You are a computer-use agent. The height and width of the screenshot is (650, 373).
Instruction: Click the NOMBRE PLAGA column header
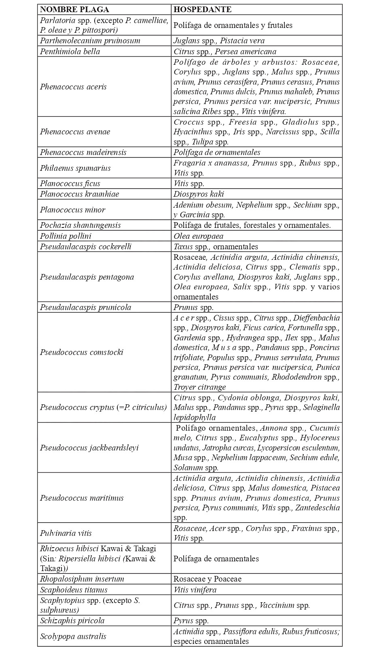tap(75, 10)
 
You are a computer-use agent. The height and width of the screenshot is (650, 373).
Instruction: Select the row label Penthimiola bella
tap(70, 51)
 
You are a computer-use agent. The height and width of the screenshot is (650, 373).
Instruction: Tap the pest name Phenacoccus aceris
tap(73, 87)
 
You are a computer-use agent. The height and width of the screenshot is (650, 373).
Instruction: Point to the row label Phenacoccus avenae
tap(75, 132)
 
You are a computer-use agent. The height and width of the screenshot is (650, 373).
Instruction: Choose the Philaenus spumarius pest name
tap(75, 168)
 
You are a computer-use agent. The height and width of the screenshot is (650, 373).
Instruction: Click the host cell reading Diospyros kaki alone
tap(199, 194)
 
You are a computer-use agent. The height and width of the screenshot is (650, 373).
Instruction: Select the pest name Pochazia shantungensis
tap(81, 225)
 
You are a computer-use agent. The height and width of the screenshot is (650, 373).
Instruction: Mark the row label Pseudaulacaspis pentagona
tap(87, 277)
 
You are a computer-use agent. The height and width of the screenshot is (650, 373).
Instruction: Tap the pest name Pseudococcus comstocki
tap(81, 352)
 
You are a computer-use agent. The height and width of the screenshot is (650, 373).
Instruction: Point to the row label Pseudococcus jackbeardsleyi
tap(89, 448)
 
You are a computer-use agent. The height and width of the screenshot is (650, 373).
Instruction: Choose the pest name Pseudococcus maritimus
tap(82, 498)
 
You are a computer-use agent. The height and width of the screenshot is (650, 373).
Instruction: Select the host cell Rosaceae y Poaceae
tap(208, 579)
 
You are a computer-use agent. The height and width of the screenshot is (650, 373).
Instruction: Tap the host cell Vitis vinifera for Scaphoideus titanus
tap(195, 590)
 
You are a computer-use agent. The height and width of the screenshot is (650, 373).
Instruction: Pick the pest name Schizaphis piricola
tap(72, 620)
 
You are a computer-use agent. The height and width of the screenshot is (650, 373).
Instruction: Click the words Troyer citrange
tap(197, 387)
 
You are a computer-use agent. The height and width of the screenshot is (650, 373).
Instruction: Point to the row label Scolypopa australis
tap(73, 636)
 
